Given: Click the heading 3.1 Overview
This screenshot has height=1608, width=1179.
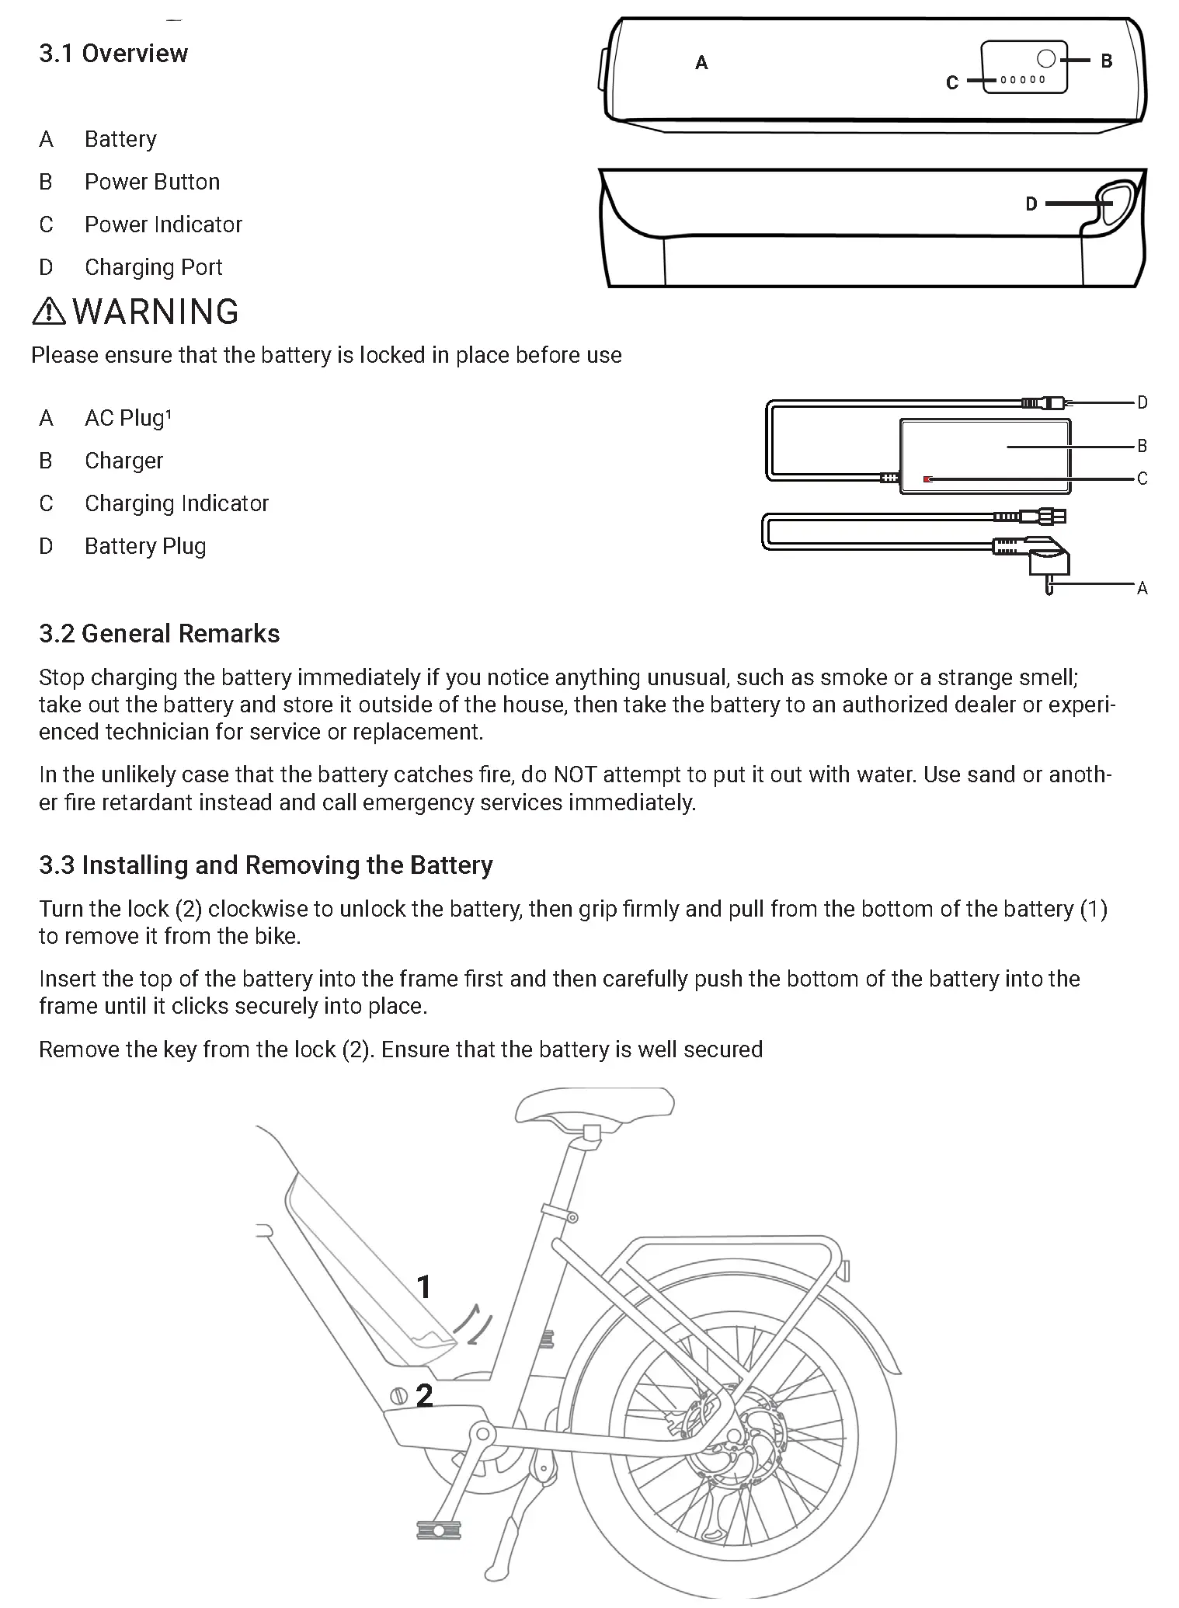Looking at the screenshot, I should pyautogui.click(x=113, y=54).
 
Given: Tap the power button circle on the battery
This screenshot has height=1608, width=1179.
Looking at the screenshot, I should pyautogui.click(x=1046, y=58).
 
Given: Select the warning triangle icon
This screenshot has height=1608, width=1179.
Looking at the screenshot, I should pyautogui.click(x=49, y=312).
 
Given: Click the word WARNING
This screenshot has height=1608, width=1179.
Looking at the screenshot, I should pyautogui.click(x=155, y=312).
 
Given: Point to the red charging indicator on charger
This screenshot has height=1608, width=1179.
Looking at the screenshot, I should pyautogui.click(x=927, y=479).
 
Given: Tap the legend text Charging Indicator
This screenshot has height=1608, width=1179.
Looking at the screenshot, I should pyautogui.click(x=176, y=503).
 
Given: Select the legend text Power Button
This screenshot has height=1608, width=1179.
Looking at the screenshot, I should pyautogui.click(x=152, y=182).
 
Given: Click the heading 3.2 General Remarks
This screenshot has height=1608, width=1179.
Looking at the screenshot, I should pyautogui.click(x=159, y=634).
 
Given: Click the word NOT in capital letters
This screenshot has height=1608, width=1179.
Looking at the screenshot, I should pyautogui.click(x=574, y=775).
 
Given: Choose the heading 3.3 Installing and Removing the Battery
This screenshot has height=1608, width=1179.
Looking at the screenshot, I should pyautogui.click(x=266, y=865).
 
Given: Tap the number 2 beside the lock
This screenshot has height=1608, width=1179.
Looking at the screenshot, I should pyautogui.click(x=423, y=1396).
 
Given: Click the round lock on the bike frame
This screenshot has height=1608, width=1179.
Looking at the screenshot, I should pyautogui.click(x=398, y=1395).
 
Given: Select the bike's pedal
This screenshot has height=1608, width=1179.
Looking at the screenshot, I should pyautogui.click(x=439, y=1530).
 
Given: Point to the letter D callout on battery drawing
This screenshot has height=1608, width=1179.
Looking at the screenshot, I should pyautogui.click(x=1031, y=204).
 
